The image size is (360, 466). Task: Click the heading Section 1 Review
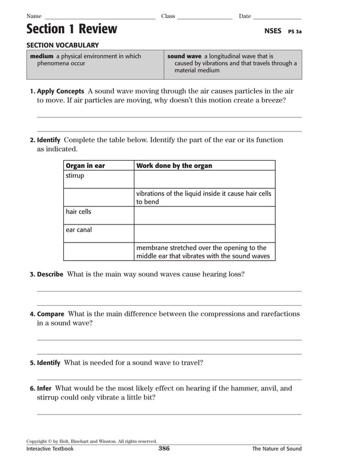pos(72,29)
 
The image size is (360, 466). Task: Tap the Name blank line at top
pos(99,18)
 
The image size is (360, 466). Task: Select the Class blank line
pos(205,18)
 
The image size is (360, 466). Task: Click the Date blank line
pos(277,18)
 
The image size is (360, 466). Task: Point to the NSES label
pos(273,32)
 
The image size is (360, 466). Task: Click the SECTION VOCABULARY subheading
pos(63,45)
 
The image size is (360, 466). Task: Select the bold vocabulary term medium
pos(41,56)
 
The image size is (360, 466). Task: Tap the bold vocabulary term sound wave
pos(184,56)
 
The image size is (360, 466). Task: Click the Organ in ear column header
pos(85,166)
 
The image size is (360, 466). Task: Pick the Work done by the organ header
pos(174,166)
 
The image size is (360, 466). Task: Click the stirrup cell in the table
pos(74,176)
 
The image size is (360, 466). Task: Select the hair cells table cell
pos(78,212)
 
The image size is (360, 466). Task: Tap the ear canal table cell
pos(78,230)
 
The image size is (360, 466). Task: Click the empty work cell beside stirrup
pos(204,179)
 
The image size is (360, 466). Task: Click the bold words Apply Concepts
pos(60,91)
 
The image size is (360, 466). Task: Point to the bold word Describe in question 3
pos(50,275)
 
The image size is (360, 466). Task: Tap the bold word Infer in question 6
pos(44,389)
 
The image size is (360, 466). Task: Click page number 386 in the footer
pos(164,449)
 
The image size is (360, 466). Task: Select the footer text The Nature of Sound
pos(276,449)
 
